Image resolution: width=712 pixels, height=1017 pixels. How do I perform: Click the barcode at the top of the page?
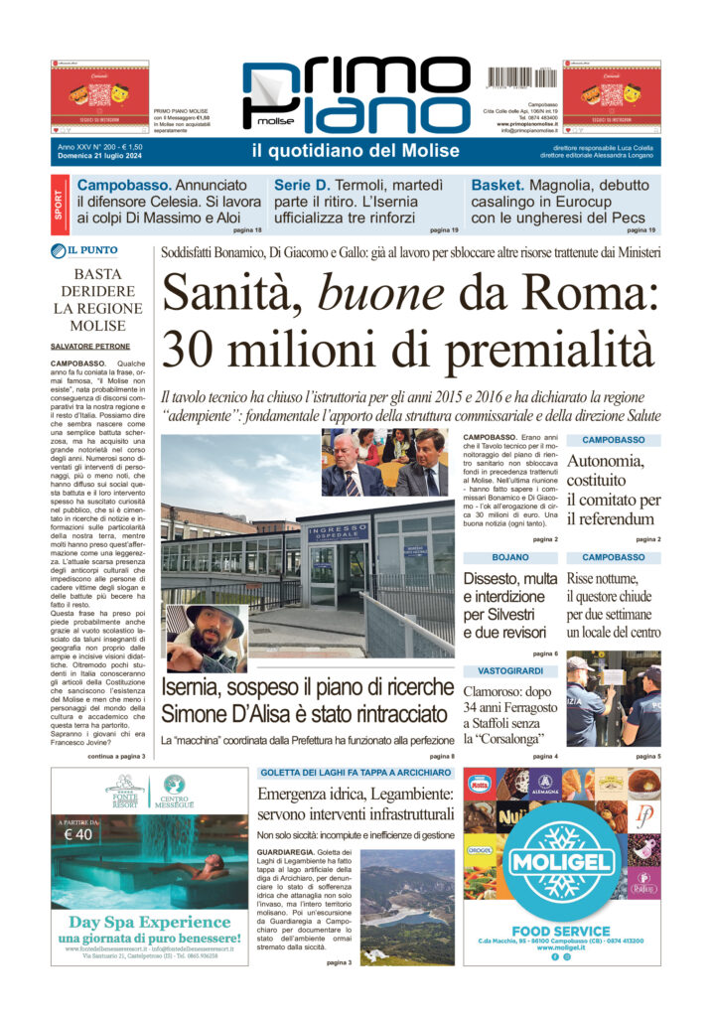tap(519, 77)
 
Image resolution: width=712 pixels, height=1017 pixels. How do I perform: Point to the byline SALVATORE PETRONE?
tap(91, 346)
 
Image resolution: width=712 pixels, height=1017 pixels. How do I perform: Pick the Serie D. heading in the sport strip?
tap(302, 186)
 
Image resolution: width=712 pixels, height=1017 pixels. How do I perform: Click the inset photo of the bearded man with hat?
tap(208, 637)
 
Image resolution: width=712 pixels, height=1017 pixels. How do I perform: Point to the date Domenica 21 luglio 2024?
tap(102, 158)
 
